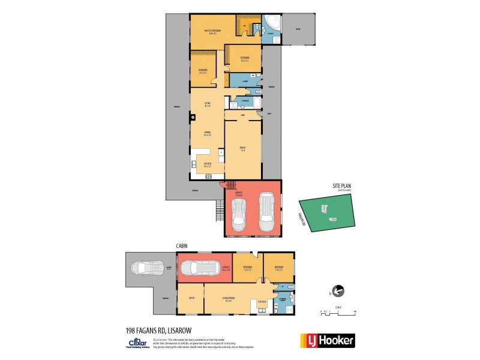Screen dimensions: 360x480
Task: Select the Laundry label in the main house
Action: [x=246, y=81]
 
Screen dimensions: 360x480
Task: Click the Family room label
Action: [x=244, y=148]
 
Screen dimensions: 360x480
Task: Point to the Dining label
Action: [x=207, y=134]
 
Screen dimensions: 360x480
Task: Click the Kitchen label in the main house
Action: [x=207, y=165]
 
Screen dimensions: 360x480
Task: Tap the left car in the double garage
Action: [x=241, y=215]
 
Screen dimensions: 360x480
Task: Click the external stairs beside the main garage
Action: [x=218, y=212]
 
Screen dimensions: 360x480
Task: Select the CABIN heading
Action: [x=184, y=245]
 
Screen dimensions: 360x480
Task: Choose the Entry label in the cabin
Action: [x=190, y=298]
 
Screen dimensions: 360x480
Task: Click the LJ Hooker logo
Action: [x=327, y=340]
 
